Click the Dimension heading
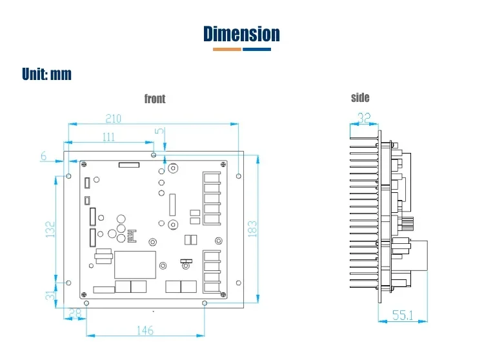coord(241,34)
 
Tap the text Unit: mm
coord(46,74)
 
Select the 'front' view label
coord(155,99)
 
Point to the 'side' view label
coord(360,97)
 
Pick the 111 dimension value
coord(108,137)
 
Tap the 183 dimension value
coord(252,228)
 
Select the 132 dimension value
coord(51,228)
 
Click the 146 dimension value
coord(145,330)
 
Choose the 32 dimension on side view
coord(364,119)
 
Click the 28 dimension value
coord(76,314)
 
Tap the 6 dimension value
coord(44,156)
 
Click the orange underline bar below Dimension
coord(223,49)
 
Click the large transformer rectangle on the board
coord(135,265)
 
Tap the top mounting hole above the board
coord(153,154)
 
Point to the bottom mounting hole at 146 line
coord(205,303)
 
